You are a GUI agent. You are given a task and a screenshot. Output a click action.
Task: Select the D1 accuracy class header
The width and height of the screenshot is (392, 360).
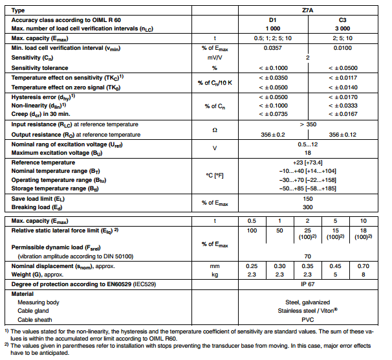coord(272,21)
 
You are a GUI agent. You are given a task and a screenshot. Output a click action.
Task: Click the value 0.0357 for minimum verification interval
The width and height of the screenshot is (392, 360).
coord(272,48)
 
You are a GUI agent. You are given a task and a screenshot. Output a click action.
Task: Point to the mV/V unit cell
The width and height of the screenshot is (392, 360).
coord(214,58)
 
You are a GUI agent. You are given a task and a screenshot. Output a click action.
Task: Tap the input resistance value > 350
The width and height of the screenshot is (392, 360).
coord(307,124)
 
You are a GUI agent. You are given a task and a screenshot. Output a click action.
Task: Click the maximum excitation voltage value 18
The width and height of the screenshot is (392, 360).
coord(307,152)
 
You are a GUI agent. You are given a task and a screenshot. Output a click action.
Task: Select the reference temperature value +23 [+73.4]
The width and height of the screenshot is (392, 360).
coord(307,162)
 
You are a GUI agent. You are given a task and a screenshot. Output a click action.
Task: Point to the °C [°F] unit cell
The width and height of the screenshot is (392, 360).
coord(214,175)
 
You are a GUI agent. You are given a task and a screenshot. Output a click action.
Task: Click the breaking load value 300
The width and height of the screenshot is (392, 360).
coord(307,207)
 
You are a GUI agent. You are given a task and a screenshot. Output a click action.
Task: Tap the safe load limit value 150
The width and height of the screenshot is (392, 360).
coord(307,198)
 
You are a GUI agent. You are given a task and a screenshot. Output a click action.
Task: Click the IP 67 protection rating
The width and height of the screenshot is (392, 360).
coord(307,284)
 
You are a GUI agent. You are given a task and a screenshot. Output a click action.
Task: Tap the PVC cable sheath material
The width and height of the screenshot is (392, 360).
coord(307,319)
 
